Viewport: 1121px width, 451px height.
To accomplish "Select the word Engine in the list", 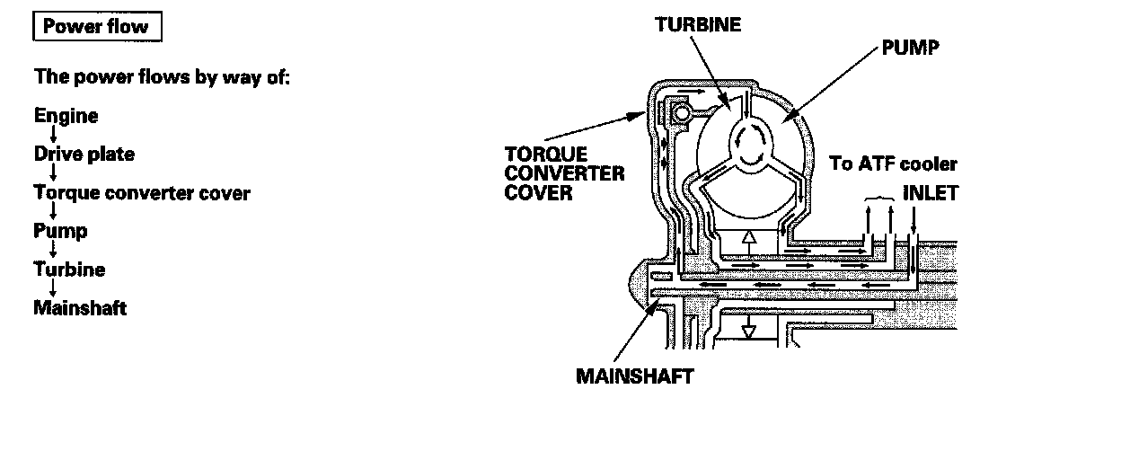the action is click(x=66, y=116).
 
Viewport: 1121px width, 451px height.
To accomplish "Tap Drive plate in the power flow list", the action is click(x=84, y=155).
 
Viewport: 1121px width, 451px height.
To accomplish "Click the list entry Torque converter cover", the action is click(x=142, y=193).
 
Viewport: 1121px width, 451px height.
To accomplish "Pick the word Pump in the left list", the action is click(x=60, y=231).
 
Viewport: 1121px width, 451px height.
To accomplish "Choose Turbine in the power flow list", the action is click(x=69, y=270).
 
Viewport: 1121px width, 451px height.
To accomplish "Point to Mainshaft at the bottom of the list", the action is click(x=80, y=308).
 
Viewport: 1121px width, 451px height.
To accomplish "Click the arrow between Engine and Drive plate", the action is click(x=54, y=135).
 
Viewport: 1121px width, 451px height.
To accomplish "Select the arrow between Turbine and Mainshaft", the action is click(x=54, y=288).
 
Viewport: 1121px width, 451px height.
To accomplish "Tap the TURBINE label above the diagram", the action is click(x=697, y=24).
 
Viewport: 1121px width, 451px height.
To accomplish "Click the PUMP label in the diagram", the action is click(x=909, y=48).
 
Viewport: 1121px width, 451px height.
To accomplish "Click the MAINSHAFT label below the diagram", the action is click(x=634, y=376).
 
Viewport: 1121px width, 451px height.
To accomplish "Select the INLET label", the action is click(x=930, y=192).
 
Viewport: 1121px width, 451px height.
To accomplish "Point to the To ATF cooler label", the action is click(x=893, y=164).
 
